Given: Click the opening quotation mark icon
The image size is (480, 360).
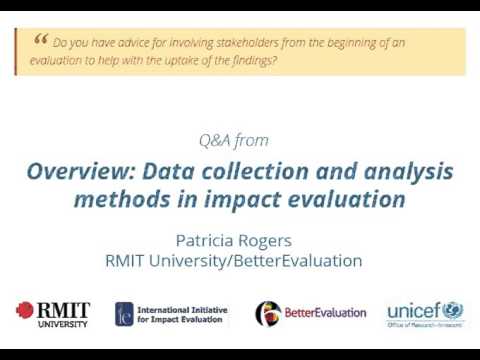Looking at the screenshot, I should (40, 40).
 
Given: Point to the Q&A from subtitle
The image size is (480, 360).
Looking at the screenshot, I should (235, 140).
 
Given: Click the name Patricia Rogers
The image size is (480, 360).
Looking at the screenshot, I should (234, 241).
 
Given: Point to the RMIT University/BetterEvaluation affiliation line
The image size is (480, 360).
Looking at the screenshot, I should (234, 261).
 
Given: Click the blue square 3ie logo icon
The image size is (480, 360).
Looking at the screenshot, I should (125, 314).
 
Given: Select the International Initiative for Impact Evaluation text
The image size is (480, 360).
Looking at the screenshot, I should (188, 314).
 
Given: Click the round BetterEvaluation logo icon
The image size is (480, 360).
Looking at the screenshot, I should (267, 314).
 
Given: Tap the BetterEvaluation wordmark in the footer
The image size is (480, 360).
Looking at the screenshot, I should (325, 313).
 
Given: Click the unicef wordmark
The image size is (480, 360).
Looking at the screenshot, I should (413, 310).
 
